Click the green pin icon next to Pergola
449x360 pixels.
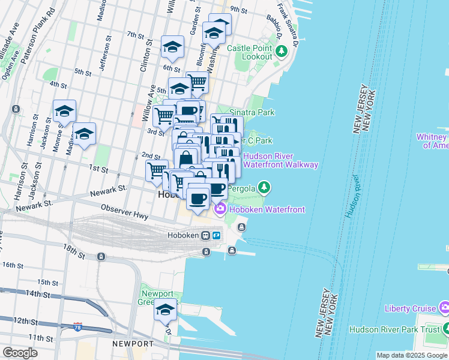pyautogui.click(x=264, y=188)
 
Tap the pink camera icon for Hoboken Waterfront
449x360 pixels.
pyautogui.click(x=220, y=209)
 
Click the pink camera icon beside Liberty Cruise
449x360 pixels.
pyautogui.click(x=444, y=308)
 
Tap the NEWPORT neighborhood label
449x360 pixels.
pyautogui.click(x=131, y=343)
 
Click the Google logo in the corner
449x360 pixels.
pyautogui.click(x=20, y=353)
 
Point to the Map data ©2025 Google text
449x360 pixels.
pyautogui.click(x=411, y=355)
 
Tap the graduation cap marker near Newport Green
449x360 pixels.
pyautogui.click(x=165, y=311)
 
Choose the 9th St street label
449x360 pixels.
pyautogui.click(x=238, y=10)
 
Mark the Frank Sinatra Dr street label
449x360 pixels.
pyautogui.click(x=288, y=25)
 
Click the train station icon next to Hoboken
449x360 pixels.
pyautogui.click(x=206, y=235)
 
